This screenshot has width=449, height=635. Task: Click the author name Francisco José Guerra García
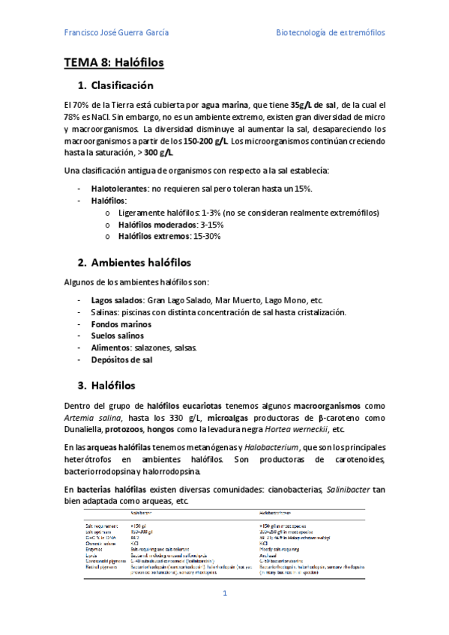point(116,33)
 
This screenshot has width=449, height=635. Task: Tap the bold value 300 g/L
point(158,153)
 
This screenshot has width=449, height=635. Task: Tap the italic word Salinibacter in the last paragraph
point(334,489)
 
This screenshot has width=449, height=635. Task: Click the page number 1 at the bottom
point(223,593)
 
